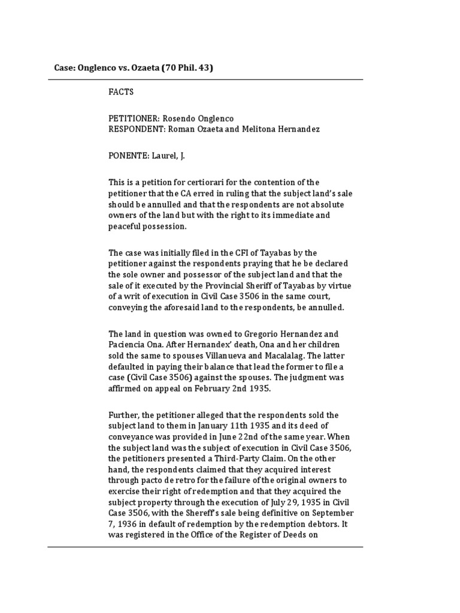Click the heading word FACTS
click(121, 93)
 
